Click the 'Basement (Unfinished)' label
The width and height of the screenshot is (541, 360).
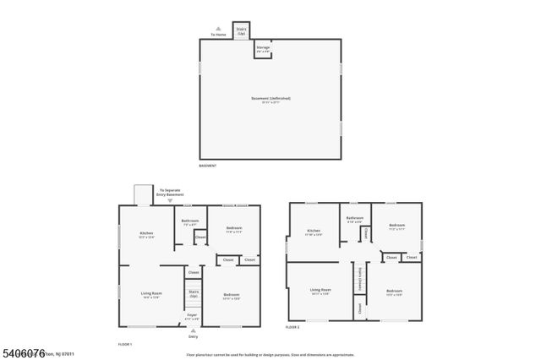tap(270, 100)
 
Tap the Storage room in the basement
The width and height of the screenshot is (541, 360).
tap(263, 49)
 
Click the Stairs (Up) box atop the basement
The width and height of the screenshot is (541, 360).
tap(241, 31)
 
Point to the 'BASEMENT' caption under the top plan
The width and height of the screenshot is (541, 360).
tap(208, 166)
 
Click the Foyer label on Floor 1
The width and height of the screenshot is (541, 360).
tap(193, 317)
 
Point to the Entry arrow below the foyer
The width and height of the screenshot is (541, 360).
tap(194, 335)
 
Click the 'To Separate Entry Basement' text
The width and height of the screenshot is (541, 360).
tap(171, 193)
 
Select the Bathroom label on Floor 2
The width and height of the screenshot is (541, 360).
tap(355, 220)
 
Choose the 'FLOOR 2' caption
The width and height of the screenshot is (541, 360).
tap(292, 326)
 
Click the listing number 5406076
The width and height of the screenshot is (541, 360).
tap(23, 352)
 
